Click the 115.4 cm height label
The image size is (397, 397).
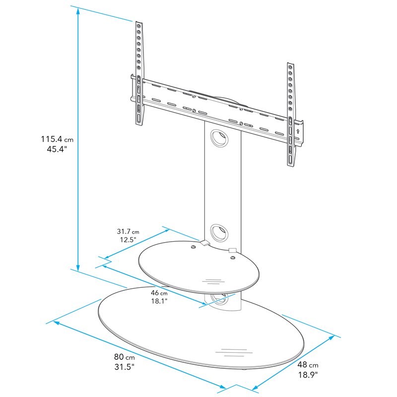pos(57,140)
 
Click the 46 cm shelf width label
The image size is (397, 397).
pos(160,293)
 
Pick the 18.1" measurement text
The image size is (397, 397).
pos(160,301)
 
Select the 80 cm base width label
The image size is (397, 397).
pos(122,357)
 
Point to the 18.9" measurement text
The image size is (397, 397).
pos(308,374)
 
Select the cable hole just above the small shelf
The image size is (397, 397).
pos(217,232)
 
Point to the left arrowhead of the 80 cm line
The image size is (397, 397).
pos(56,323)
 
